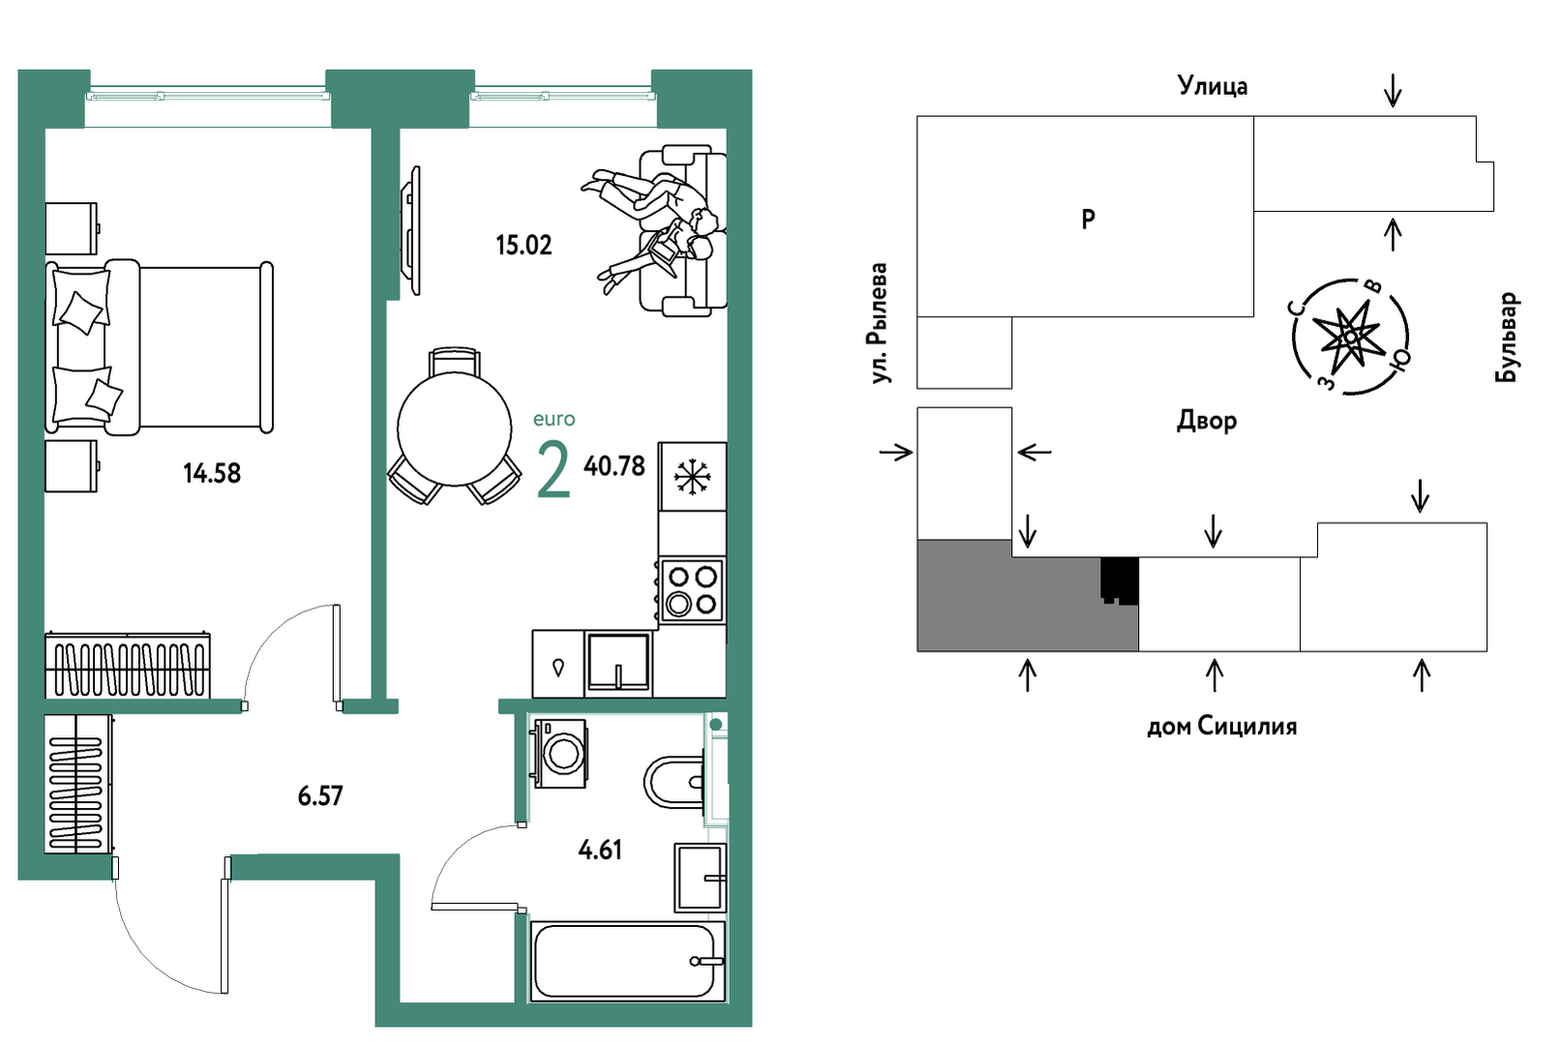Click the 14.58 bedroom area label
pos(212,473)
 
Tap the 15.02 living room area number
pos(524,246)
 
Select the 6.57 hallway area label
pos(320,796)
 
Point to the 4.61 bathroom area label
pos(600,850)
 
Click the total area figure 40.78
pos(615,466)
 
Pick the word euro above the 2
pos(554,419)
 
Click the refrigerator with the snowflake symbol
pos(692,477)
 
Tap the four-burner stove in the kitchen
pos(692,590)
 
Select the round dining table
pos(454,428)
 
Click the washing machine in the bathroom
pos(559,753)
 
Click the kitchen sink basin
pos(617,662)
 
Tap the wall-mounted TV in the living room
pos(413,230)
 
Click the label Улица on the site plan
pos(1213,86)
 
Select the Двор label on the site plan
pos(1207,421)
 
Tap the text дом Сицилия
pos(1221,727)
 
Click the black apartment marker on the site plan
pos(1120,581)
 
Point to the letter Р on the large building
pos(1089,220)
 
